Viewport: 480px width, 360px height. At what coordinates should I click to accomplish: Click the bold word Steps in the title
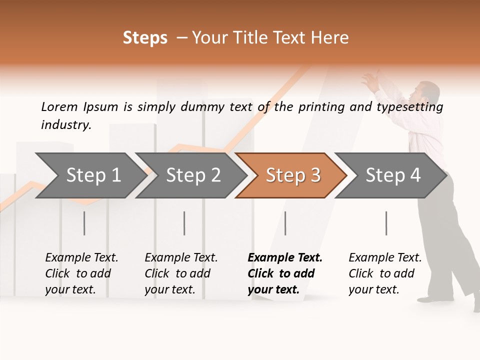(x=145, y=38)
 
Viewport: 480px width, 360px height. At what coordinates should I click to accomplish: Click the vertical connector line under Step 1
(x=84, y=223)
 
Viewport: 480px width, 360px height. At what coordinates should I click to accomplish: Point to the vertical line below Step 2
(x=184, y=223)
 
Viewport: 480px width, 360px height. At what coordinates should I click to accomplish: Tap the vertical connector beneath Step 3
(x=285, y=223)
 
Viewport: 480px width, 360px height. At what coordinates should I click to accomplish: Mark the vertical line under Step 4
(x=386, y=223)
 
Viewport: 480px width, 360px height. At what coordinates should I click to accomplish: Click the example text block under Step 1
(x=81, y=273)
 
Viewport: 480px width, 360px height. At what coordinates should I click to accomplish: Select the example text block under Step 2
(x=181, y=273)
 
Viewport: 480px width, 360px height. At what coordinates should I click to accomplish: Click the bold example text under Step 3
(x=285, y=273)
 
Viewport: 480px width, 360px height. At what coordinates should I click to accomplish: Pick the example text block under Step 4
(x=385, y=273)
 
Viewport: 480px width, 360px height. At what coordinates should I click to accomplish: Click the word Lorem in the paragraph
(x=59, y=107)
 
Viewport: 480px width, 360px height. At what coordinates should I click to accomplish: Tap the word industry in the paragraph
(x=65, y=125)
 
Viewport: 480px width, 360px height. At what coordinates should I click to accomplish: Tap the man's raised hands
(x=371, y=80)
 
